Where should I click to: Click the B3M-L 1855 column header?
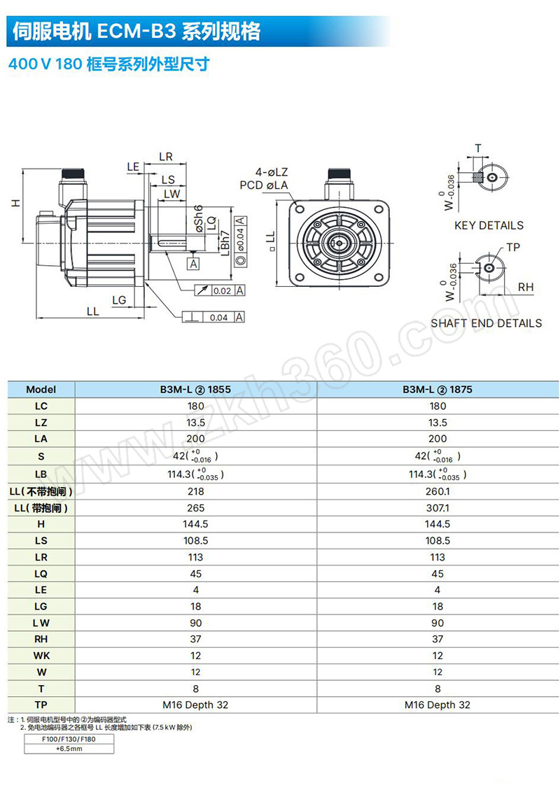(195, 390)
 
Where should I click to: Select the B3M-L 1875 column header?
(437, 390)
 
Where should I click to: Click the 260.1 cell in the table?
(437, 491)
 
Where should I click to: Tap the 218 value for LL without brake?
(195, 491)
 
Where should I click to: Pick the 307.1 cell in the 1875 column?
(437, 508)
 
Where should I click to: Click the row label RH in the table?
(41, 639)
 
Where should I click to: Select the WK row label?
(41, 656)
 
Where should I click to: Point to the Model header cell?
(41, 390)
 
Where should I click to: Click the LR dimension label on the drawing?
(166, 157)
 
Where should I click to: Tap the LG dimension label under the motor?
(119, 300)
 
